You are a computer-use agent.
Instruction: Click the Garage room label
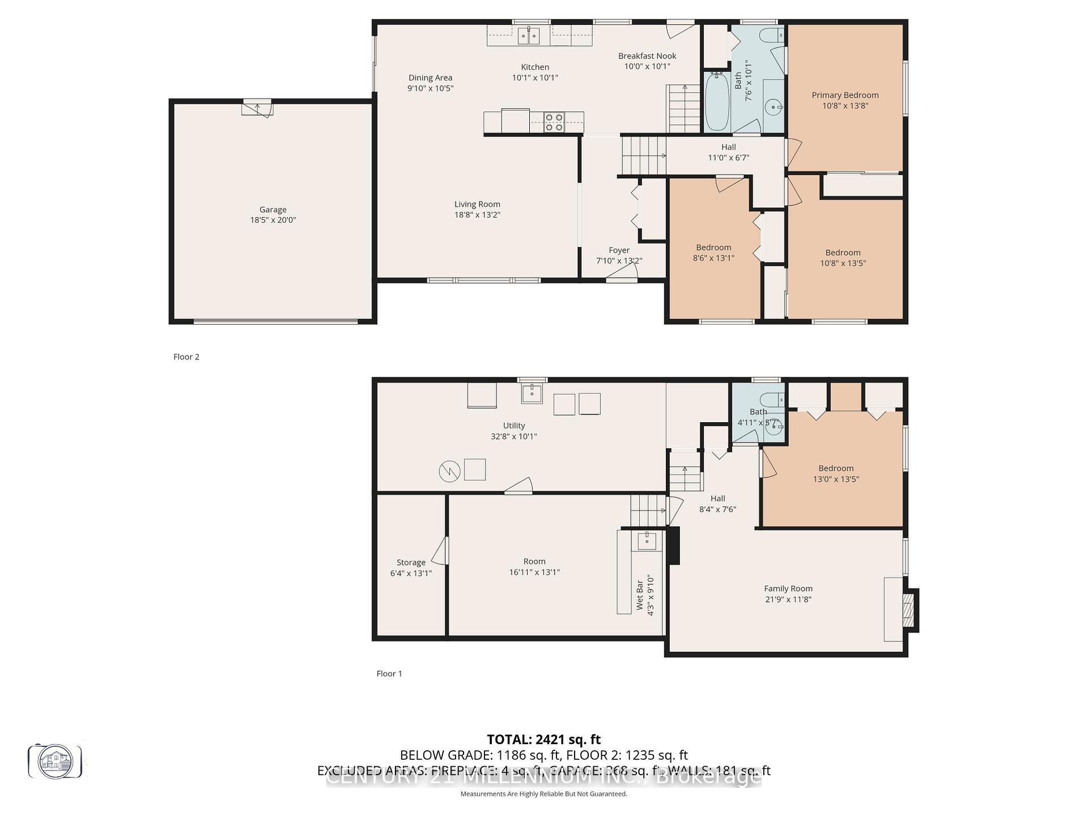click(x=273, y=210)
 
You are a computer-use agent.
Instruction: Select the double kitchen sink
click(x=528, y=36)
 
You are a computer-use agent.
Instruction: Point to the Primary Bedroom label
click(x=845, y=95)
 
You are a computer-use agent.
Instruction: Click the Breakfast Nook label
click(x=647, y=56)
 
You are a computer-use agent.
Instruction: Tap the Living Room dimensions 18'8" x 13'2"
click(x=477, y=215)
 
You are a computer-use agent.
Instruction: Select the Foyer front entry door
click(x=622, y=274)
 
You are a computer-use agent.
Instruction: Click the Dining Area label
click(x=430, y=78)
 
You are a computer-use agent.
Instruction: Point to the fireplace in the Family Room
click(x=908, y=610)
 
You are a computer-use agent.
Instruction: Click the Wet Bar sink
click(x=647, y=541)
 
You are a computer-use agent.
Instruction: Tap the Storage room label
click(x=411, y=563)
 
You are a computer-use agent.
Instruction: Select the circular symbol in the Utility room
click(x=449, y=471)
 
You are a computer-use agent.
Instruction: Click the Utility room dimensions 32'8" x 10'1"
click(x=513, y=436)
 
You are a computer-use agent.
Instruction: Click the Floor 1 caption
click(x=389, y=673)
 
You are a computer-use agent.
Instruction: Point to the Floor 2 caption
click(x=186, y=356)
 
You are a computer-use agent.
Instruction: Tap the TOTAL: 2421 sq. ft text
click(x=543, y=739)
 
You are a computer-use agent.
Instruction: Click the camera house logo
click(x=55, y=761)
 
